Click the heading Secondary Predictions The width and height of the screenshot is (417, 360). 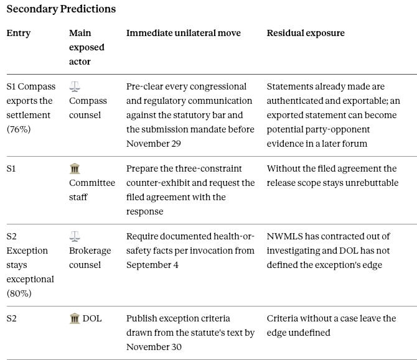click(x=61, y=9)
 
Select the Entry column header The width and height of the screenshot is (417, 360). click(x=18, y=33)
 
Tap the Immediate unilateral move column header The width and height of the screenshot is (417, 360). click(x=184, y=33)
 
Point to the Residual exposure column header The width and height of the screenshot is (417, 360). click(x=306, y=33)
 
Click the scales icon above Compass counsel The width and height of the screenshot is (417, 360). click(x=75, y=86)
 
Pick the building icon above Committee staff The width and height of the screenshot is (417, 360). click(x=75, y=168)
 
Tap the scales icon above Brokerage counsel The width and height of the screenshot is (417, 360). click(x=75, y=236)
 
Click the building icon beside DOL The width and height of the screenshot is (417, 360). click(x=75, y=318)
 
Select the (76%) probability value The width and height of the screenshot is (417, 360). click(x=19, y=129)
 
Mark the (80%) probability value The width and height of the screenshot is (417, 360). click(x=19, y=293)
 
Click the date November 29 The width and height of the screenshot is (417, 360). click(x=154, y=144)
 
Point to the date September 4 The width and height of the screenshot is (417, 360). click(x=152, y=265)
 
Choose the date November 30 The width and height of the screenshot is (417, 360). click(x=154, y=347)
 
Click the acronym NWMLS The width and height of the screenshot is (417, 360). click(x=284, y=236)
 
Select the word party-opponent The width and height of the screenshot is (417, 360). click(x=318, y=130)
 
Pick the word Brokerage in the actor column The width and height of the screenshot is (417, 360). click(x=90, y=251)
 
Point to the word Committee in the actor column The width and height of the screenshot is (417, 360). click(x=92, y=183)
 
